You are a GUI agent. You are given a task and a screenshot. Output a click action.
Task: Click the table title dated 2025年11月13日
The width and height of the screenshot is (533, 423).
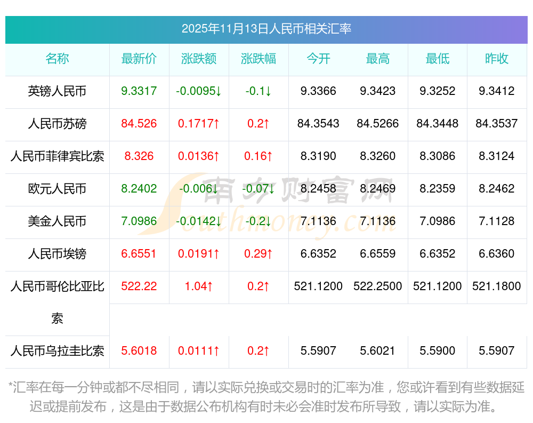(x=266, y=29)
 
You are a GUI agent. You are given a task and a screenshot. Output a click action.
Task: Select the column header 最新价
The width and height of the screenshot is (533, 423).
(x=139, y=59)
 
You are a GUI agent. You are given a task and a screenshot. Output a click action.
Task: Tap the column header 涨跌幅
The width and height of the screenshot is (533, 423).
(x=259, y=59)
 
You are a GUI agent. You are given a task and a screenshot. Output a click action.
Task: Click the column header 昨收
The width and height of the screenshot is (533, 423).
(x=497, y=59)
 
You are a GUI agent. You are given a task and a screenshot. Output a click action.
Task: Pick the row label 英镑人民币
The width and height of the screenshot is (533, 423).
(x=57, y=91)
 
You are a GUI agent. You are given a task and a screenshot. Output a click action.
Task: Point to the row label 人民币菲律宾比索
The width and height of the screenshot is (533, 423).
(x=57, y=156)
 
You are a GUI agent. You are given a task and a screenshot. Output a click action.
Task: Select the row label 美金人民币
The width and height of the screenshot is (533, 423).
(x=57, y=221)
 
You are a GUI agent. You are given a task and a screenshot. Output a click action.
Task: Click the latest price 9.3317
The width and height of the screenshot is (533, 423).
(x=139, y=91)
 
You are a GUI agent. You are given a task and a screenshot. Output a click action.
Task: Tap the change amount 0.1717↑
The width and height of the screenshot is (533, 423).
(x=199, y=124)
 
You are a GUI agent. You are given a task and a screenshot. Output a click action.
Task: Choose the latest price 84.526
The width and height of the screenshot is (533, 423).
(x=139, y=124)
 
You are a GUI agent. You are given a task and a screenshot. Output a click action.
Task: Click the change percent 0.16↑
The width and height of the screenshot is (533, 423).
(x=259, y=156)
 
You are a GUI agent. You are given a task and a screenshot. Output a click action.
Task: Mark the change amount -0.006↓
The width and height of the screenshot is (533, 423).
(x=199, y=189)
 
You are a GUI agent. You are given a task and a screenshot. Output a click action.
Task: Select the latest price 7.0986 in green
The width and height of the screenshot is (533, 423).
(x=139, y=221)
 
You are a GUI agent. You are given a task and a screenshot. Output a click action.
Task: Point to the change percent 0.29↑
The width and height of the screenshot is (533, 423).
(x=259, y=254)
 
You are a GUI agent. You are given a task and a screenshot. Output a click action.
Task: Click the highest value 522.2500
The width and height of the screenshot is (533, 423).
(x=378, y=286)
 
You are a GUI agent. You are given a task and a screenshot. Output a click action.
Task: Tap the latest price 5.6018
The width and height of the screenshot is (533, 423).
(x=139, y=351)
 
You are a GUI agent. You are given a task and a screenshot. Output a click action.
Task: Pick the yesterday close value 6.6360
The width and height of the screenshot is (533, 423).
(x=497, y=254)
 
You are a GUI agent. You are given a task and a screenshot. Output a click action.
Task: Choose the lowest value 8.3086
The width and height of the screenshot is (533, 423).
(x=438, y=156)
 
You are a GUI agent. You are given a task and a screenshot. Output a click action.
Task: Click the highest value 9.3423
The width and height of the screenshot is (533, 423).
(x=378, y=91)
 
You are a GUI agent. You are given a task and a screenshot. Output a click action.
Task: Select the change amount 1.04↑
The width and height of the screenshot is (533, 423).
(x=199, y=286)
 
